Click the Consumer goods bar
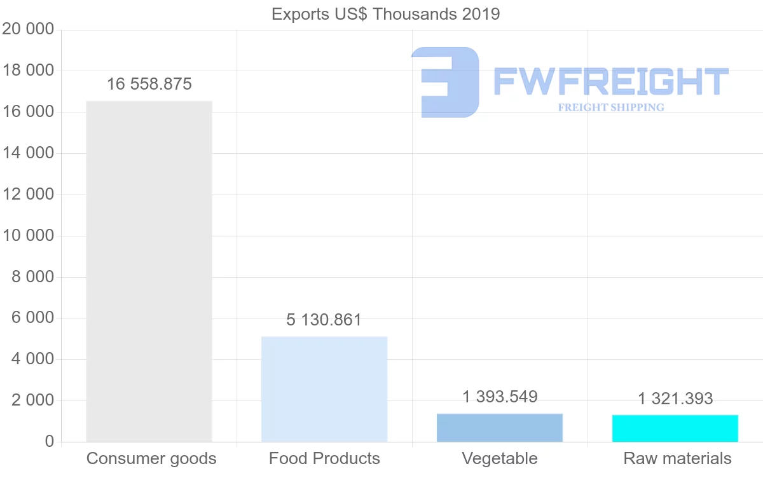pyautogui.click(x=149, y=271)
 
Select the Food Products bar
pyautogui.click(x=324, y=388)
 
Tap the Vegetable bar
pyautogui.click(x=500, y=427)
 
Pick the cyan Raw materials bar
pyautogui.click(x=675, y=428)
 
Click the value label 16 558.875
pyautogui.click(x=149, y=84)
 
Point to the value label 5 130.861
pyautogui.click(x=324, y=320)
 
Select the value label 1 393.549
pyautogui.click(x=500, y=397)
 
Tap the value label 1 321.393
pyautogui.click(x=675, y=399)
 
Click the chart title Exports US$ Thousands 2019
pyautogui.click(x=386, y=14)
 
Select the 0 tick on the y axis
pyautogui.click(x=50, y=442)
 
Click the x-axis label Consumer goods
pyautogui.click(x=151, y=458)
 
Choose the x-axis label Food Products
pyautogui.click(x=324, y=458)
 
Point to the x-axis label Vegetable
pyautogui.click(x=500, y=458)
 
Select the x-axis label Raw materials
pyautogui.click(x=677, y=458)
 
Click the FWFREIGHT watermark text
pyautogui.click(x=610, y=81)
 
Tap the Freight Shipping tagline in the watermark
pyautogui.click(x=611, y=107)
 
